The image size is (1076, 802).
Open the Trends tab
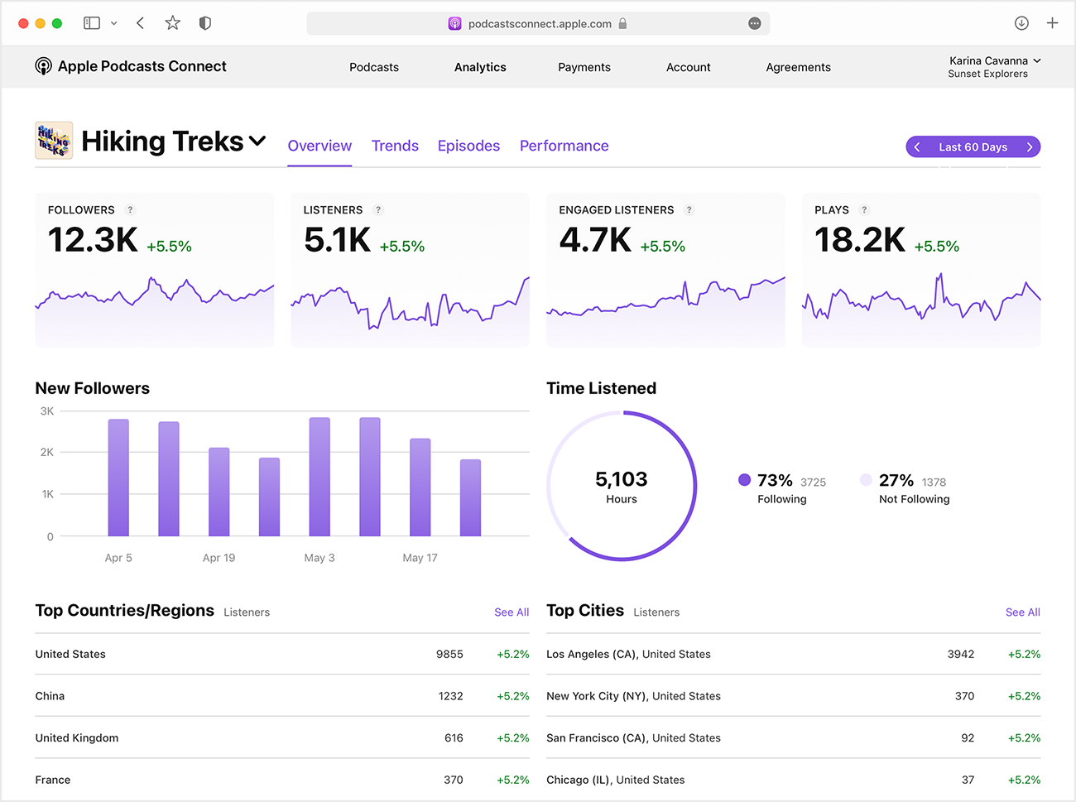(x=395, y=146)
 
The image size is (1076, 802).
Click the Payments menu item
(x=584, y=67)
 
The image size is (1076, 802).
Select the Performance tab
(x=564, y=146)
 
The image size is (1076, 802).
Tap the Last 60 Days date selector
(x=973, y=146)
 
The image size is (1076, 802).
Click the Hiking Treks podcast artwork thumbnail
(x=54, y=141)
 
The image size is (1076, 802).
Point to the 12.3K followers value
(x=93, y=240)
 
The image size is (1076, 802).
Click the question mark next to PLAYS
(x=864, y=210)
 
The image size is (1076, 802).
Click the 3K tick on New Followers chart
(x=47, y=411)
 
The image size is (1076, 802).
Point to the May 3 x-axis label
(x=319, y=558)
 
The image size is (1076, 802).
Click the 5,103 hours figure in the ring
(x=621, y=479)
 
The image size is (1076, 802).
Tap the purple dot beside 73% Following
(x=744, y=480)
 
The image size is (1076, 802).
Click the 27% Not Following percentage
(x=896, y=480)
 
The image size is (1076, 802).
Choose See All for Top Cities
(x=1022, y=612)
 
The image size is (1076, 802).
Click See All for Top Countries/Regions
(x=512, y=612)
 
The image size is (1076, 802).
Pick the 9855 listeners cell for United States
(x=449, y=654)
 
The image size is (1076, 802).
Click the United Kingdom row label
(x=77, y=738)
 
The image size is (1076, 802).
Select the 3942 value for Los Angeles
(x=960, y=654)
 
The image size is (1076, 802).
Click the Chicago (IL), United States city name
(x=615, y=780)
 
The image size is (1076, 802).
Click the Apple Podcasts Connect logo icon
(x=43, y=66)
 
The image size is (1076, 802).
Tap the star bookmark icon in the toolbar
(x=172, y=23)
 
